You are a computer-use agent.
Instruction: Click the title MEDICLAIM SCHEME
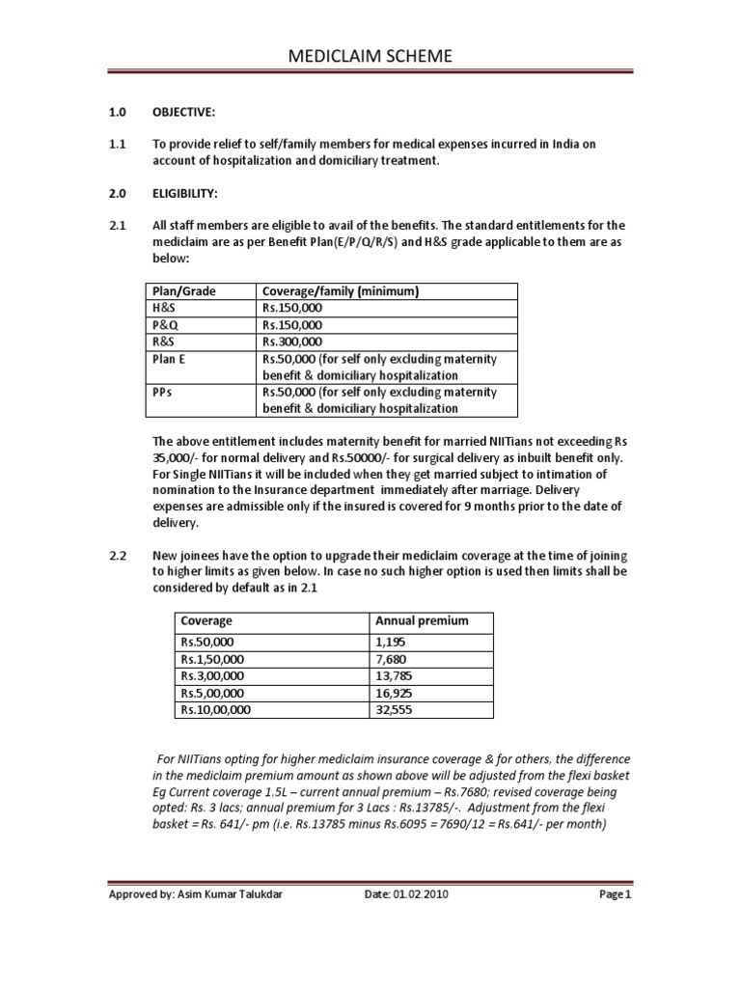tap(370, 58)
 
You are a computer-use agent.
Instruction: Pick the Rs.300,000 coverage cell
tap(293, 342)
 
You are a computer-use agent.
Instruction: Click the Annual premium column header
tap(421, 620)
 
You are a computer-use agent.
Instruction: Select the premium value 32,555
tap(393, 709)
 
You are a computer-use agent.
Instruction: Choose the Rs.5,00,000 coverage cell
tap(213, 692)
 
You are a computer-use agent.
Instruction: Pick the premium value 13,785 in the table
tap(393, 675)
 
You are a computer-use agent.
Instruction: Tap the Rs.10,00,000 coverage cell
tap(216, 709)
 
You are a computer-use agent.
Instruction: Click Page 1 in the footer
tap(614, 894)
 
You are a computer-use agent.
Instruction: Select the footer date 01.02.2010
tap(420, 894)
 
